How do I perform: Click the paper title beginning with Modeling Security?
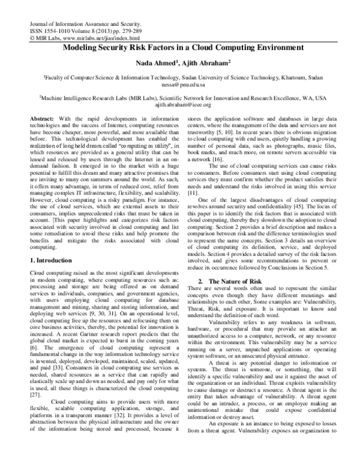pos(179,46)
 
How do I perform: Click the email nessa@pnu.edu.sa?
pos(179,85)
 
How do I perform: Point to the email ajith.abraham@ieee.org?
pos(179,104)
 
